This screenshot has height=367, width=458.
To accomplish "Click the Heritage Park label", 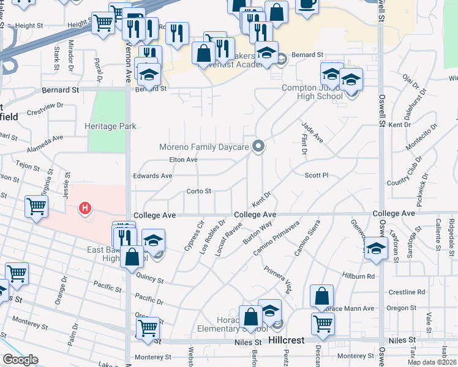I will pyautogui.click(x=110, y=126).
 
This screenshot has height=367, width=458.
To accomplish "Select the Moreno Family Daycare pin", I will pyautogui.click(x=259, y=146).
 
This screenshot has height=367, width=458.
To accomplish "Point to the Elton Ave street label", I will pyautogui.click(x=183, y=160).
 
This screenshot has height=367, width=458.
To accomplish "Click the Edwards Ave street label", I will pyautogui.click(x=152, y=176).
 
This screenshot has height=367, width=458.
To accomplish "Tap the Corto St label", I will pyautogui.click(x=198, y=191).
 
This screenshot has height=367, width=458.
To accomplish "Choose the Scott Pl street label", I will pyautogui.click(x=317, y=176).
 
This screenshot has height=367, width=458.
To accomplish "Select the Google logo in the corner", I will pyautogui.click(x=20, y=360).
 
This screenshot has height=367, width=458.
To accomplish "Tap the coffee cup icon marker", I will pyautogui.click(x=307, y=5).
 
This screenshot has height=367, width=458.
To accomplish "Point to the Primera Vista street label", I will pyautogui.click(x=278, y=278).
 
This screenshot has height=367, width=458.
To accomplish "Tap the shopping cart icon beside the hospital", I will pyautogui.click(x=37, y=207).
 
